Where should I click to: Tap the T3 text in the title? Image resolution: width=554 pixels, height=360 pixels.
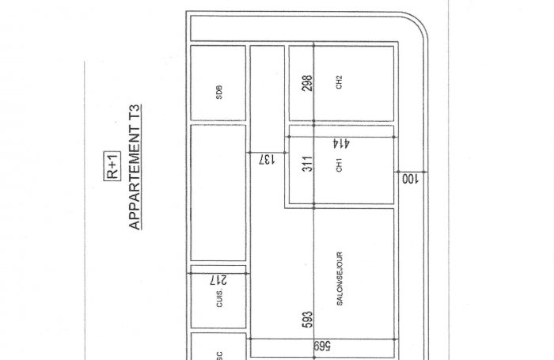tap(135, 112)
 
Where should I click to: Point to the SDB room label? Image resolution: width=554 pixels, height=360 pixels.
tap(219, 93)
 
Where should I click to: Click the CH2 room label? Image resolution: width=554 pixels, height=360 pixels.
tap(340, 82)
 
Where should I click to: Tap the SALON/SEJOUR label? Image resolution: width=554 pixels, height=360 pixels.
tap(340, 279)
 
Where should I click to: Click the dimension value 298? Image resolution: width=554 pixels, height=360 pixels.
tap(308, 83)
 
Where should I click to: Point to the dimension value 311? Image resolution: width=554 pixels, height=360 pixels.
tap(308, 164)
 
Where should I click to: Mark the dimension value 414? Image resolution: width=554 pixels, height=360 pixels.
tap(341, 144)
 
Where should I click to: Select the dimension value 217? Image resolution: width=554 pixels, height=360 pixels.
tap(218, 279)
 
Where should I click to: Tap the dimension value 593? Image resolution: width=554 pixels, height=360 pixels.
tap(308, 318)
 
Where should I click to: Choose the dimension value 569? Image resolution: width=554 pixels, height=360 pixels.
tap(323, 346)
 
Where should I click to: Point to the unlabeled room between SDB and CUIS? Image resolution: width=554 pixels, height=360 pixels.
tap(218, 192)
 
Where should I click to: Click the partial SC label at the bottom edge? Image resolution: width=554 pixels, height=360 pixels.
tap(219, 355)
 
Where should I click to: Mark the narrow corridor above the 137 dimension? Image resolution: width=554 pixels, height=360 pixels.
tap(267, 95)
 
